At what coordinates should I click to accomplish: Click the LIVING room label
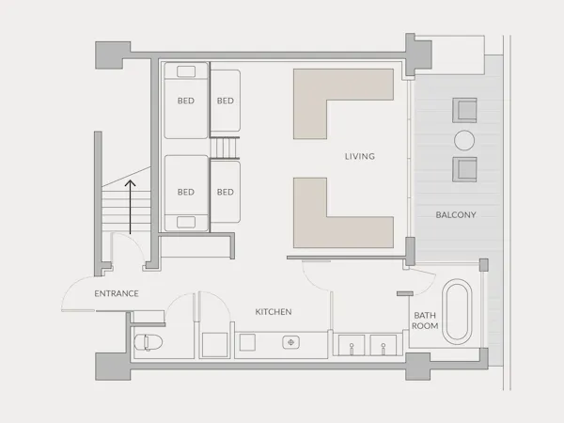pyautogui.click(x=360, y=156)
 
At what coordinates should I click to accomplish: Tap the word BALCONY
pyautogui.click(x=456, y=214)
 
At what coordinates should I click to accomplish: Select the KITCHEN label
pyautogui.click(x=274, y=311)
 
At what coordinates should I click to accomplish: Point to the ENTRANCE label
pyautogui.click(x=117, y=293)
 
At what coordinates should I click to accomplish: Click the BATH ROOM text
pyautogui.click(x=425, y=321)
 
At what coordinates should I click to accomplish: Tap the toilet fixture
pyautogui.click(x=149, y=342)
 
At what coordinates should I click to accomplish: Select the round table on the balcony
pyautogui.click(x=464, y=140)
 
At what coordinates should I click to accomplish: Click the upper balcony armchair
pyautogui.click(x=464, y=110)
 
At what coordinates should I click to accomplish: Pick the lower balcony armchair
pyautogui.click(x=464, y=169)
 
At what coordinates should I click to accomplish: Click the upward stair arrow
pyautogui.click(x=131, y=207)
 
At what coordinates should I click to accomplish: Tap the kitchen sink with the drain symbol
pyautogui.click(x=291, y=342)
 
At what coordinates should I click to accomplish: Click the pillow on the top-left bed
pyautogui.click(x=186, y=71)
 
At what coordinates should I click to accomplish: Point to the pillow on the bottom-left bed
pyautogui.click(x=186, y=222)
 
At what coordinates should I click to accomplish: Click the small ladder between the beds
pyautogui.click(x=225, y=148)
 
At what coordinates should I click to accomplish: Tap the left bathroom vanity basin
pyautogui.click(x=352, y=345)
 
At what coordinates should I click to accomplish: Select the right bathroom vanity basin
pyautogui.click(x=384, y=345)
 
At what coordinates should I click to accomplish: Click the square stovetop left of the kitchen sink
pyautogui.click(x=247, y=342)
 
